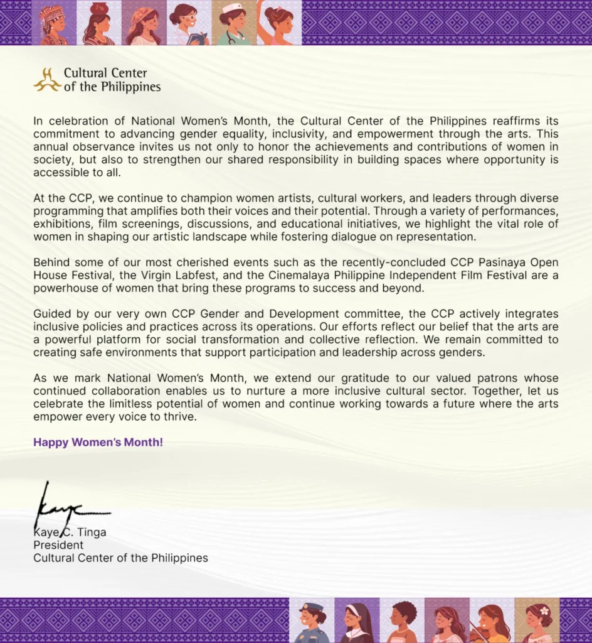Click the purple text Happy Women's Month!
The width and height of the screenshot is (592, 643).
tap(98, 442)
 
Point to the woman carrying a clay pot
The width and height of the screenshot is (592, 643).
tap(99, 23)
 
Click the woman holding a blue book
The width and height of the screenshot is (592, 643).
tap(189, 23)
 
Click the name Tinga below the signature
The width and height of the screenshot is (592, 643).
tap(92, 532)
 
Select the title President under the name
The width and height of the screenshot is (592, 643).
tap(58, 545)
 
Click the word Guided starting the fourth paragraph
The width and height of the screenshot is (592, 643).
tap(51, 314)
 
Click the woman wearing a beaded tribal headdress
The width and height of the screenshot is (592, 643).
tap(54, 23)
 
